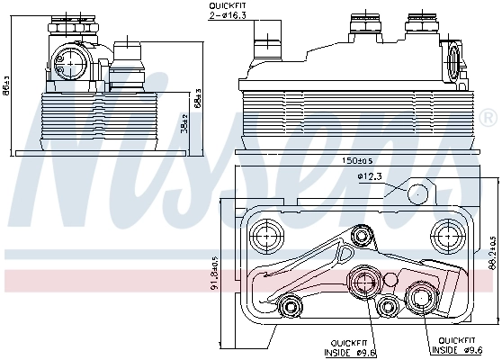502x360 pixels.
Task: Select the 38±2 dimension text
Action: click(184, 124)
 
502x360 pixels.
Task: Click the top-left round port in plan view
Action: click(264, 236)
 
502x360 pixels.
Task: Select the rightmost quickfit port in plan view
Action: click(420, 295)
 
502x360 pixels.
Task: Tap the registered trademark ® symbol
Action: click(487, 118)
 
